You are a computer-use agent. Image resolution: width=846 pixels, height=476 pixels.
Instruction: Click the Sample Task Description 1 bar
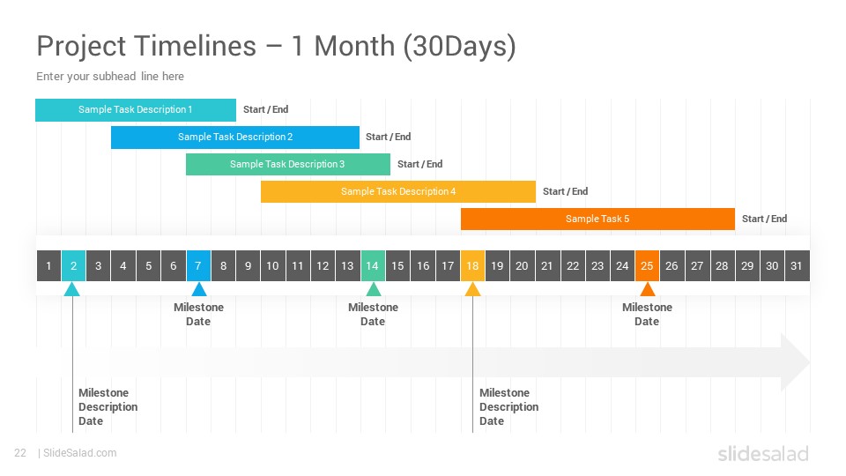[x=136, y=109]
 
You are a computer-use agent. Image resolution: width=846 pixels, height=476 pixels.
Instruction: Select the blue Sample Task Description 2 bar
[x=235, y=138]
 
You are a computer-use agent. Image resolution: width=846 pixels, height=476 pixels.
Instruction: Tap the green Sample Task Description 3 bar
[x=288, y=164]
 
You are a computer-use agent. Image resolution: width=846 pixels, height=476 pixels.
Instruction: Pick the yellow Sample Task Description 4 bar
[x=398, y=191]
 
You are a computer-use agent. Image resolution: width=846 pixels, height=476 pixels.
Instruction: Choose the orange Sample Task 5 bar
[x=597, y=219]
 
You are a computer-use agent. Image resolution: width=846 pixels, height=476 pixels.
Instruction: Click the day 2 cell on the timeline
[x=73, y=265]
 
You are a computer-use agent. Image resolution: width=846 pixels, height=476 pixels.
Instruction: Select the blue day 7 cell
[x=198, y=265]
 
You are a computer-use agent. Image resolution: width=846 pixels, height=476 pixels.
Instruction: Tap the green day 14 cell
[x=373, y=265]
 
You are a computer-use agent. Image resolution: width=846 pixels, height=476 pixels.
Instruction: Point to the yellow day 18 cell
[x=472, y=265]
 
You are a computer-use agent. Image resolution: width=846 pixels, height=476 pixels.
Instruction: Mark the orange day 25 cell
[x=647, y=265]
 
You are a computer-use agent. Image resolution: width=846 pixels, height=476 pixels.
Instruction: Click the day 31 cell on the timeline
[x=797, y=265]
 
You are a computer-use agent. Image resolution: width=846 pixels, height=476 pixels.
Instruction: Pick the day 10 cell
[x=273, y=265]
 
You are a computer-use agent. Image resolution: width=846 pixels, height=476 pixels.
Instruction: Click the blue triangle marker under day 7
[x=199, y=290]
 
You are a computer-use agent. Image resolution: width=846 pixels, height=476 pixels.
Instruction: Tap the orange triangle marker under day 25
[x=648, y=290]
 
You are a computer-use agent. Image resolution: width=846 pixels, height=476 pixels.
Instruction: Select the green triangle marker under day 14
[x=374, y=290]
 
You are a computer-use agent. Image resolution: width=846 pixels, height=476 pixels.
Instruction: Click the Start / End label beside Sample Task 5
[x=765, y=219]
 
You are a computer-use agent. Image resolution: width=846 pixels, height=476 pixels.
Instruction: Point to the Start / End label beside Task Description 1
[x=266, y=109]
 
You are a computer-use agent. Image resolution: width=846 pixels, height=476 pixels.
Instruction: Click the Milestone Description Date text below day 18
[x=508, y=407]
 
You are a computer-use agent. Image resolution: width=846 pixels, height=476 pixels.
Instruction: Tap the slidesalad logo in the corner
[x=763, y=454]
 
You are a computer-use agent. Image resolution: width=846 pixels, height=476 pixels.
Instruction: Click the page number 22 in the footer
[x=20, y=453]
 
